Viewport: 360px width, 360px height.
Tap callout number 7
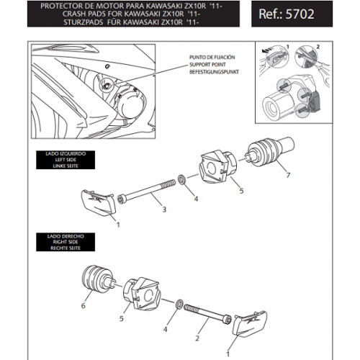coord(288,175)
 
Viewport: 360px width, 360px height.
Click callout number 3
coord(164,210)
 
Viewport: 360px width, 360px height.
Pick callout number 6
coord(84,306)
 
